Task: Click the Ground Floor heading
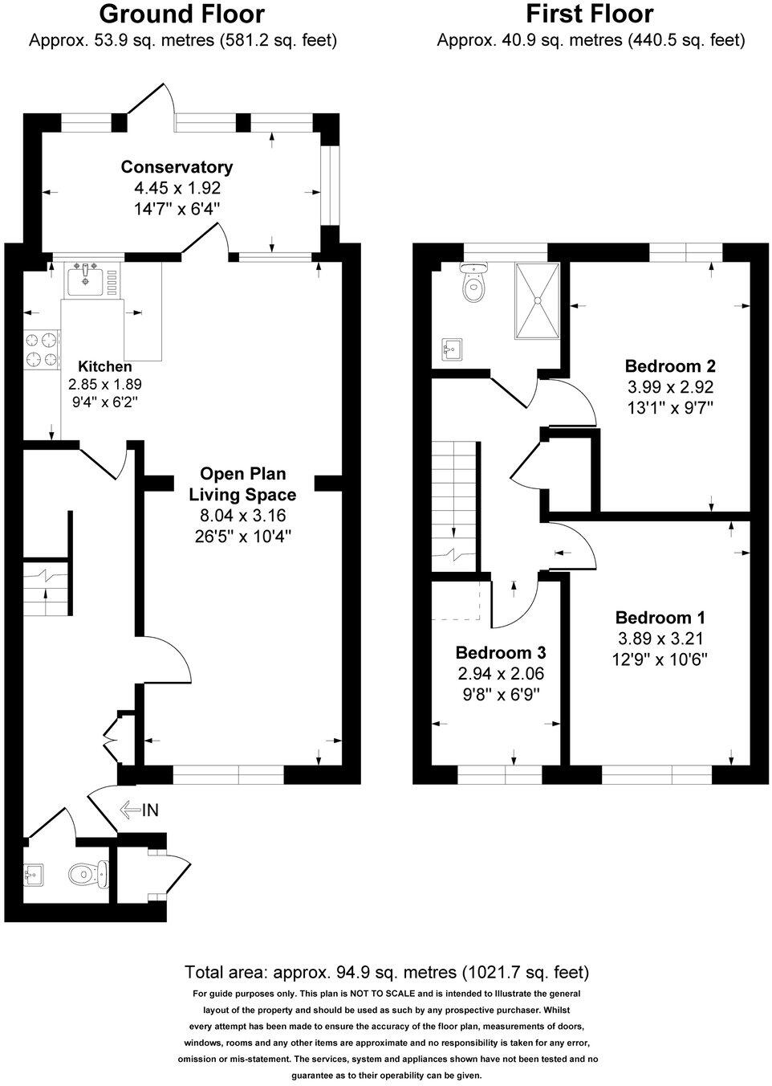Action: [x=181, y=14]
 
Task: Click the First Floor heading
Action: [x=589, y=14]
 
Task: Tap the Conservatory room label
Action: [x=177, y=167]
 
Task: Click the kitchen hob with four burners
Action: [x=43, y=350]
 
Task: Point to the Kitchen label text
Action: [x=104, y=366]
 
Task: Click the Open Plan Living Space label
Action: [x=242, y=484]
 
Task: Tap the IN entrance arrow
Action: [x=139, y=810]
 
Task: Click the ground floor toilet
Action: [x=86, y=874]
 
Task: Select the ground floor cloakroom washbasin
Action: [x=35, y=873]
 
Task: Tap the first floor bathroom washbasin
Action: [x=452, y=349]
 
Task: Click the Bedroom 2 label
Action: [x=670, y=366]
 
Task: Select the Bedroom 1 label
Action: [x=660, y=618]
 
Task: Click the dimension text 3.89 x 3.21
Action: [x=660, y=639]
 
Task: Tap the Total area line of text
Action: [x=387, y=972]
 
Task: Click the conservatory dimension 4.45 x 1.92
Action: [x=177, y=188]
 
